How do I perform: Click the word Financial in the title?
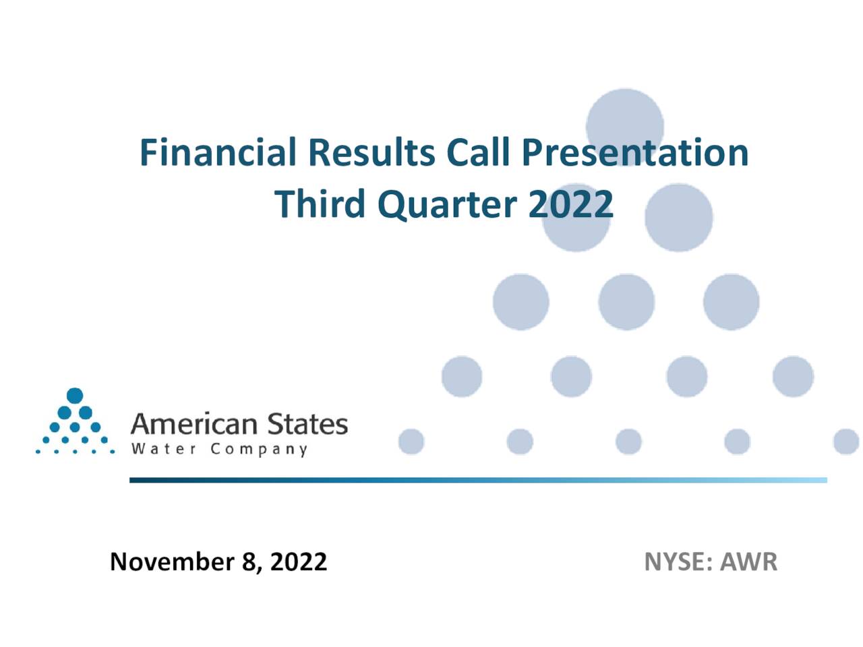point(217,152)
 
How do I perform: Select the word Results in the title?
point(371,152)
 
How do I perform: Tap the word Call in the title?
point(479,152)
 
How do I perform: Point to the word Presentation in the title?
point(634,152)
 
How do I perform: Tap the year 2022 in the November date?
point(299,561)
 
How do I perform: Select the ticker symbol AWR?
point(748,561)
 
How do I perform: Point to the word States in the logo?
point(307,425)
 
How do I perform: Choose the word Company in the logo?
point(259,450)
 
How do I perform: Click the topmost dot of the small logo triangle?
point(75,396)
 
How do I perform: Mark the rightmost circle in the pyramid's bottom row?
point(845,442)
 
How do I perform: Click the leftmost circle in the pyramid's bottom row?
point(411,442)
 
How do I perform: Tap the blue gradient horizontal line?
point(478,480)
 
